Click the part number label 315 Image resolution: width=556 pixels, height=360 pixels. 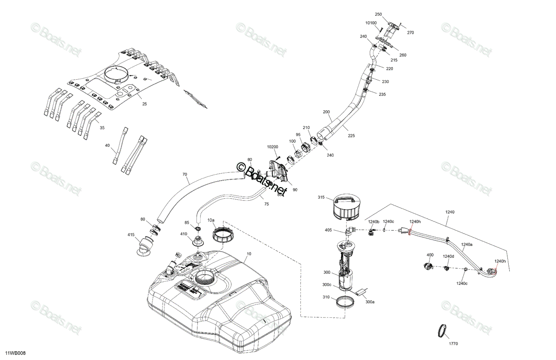coord(321,197)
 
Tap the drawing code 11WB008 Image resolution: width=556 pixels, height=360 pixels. coord(15,353)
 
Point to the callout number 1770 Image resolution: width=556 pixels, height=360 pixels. coord(453,344)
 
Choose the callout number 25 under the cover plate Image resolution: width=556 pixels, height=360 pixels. coord(145,104)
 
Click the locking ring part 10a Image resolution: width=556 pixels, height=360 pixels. coord(223,234)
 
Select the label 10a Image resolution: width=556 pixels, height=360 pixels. coord(211,220)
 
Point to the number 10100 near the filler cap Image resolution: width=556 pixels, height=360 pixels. coord(371,23)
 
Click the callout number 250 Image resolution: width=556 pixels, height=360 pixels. coord(378,14)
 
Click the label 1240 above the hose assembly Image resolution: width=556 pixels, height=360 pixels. coord(450,212)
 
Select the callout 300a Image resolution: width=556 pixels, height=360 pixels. coord(370,302)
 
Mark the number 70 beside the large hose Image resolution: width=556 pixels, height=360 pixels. coord(185,174)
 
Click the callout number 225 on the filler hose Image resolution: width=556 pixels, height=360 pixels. coord(351,136)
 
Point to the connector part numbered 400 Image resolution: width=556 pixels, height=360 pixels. coord(428,266)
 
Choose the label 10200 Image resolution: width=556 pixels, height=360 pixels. coord(272,147)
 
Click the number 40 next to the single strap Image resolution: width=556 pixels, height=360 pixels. coord(107,145)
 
